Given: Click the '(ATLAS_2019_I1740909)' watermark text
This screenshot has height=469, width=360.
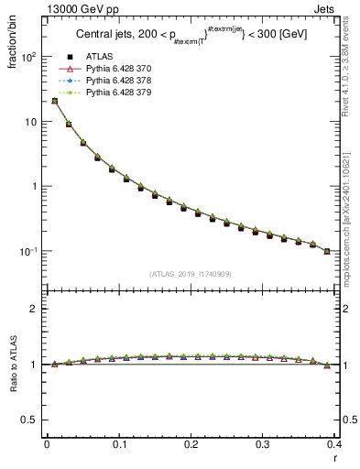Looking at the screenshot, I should click(191, 273).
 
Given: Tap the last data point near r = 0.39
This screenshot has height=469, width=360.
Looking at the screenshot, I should click(327, 251).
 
